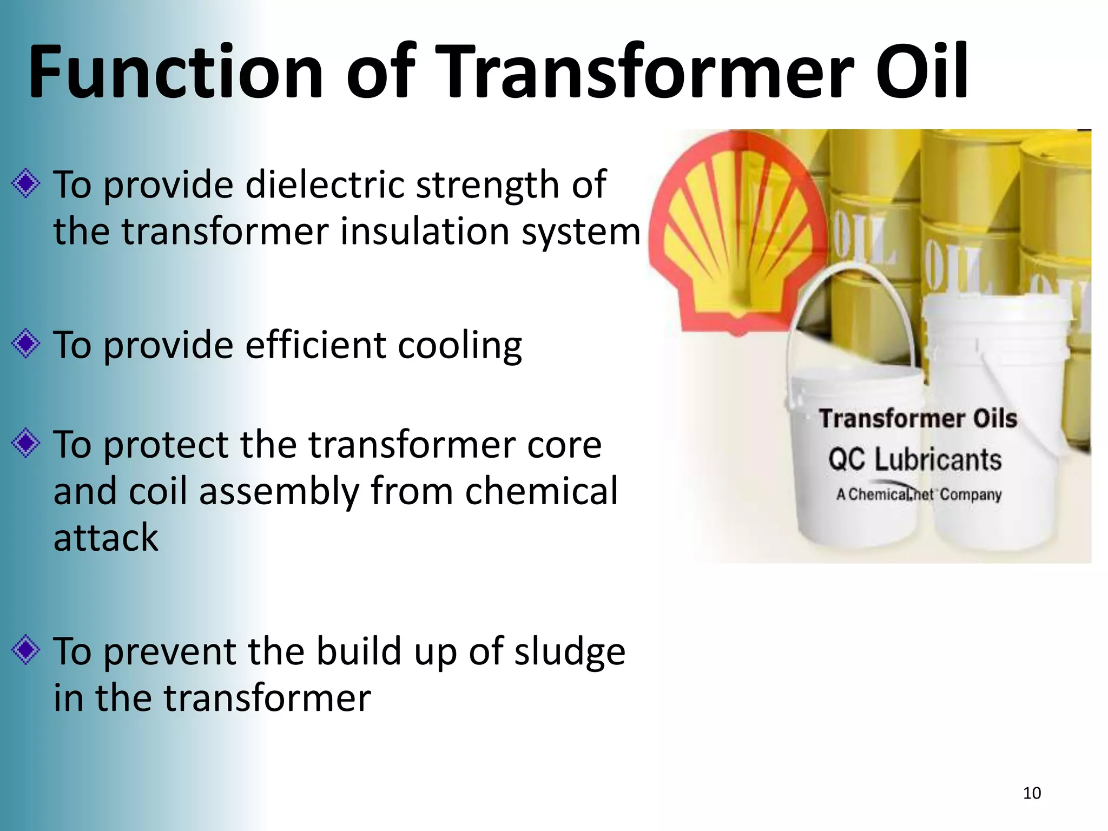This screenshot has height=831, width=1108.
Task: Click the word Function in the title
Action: click(175, 73)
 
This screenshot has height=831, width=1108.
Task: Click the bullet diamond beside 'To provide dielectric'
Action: click(25, 184)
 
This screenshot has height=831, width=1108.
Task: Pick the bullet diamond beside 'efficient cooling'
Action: click(25, 344)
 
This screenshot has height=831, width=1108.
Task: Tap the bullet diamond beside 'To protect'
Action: click(25, 444)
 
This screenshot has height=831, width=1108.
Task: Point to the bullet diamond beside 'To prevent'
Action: click(25, 650)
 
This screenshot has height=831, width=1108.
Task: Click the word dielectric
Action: click(325, 185)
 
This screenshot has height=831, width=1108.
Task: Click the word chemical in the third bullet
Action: click(540, 491)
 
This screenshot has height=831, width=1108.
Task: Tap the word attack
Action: click(105, 538)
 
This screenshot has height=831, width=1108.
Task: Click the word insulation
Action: click(425, 232)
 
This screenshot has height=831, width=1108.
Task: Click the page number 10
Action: click(1032, 793)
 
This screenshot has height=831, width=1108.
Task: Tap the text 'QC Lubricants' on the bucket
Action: click(914, 460)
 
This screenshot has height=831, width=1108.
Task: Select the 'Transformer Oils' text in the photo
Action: click(918, 419)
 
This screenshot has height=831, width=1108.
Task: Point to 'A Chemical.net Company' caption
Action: click(919, 494)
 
